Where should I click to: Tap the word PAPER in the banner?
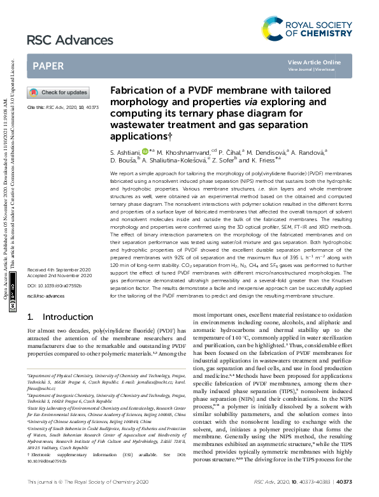tap(48, 66)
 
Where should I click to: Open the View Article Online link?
tap(314, 62)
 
